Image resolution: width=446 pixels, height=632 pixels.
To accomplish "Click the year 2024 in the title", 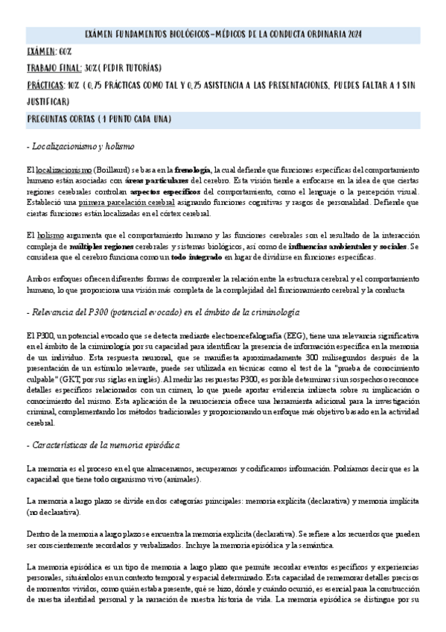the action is (x=356, y=34).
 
